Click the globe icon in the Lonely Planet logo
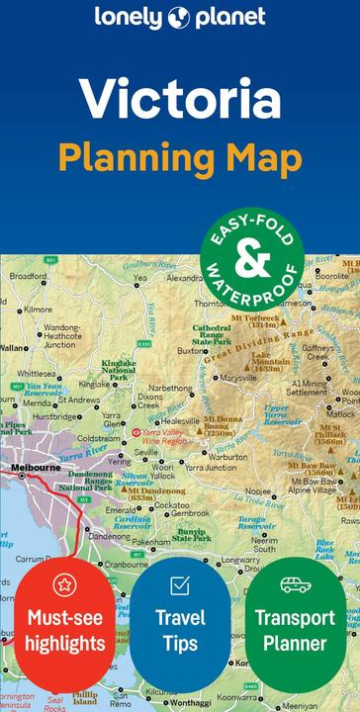coord(180,17)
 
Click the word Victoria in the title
coord(180,102)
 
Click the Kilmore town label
coord(39,310)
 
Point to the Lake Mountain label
coord(271,361)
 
